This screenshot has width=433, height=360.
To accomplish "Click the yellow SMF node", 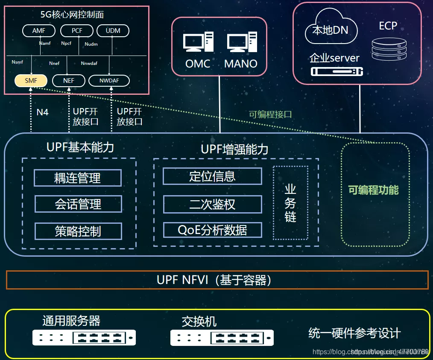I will pos(31,80).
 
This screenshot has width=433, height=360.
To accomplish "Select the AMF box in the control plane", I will pos(39,31).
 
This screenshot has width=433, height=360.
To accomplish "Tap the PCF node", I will pos(77,31).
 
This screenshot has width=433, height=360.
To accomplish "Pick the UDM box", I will pos(113,31).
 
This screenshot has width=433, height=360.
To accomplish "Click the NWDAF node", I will pos(109,80).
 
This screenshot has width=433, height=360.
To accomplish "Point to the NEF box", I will pos(68,80).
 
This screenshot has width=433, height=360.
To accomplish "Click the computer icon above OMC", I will pos(198,43).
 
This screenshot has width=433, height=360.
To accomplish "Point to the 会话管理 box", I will pos(78,204).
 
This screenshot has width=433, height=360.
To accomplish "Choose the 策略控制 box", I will pos(78,231).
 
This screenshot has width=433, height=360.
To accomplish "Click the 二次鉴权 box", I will pos(212,204).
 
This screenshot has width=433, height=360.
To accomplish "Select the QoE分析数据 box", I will pos(212,230).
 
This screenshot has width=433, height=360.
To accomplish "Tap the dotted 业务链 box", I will pos(290,203).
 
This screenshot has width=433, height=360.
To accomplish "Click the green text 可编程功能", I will pos(374,190).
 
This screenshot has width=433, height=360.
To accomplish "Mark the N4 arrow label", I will pos(42,112).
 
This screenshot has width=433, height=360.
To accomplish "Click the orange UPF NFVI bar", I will pos(217,280).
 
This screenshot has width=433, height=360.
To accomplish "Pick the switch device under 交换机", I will pos(222,338).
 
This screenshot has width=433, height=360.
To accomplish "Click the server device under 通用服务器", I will pos(84,338).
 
